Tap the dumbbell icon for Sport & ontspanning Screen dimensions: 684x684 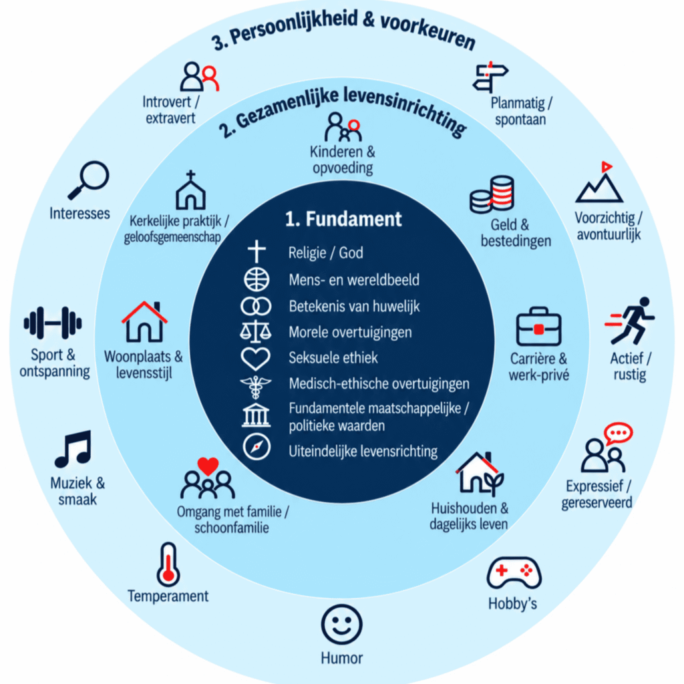53,323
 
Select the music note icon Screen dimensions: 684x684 73,449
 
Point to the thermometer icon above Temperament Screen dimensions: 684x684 168,564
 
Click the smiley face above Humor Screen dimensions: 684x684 341,625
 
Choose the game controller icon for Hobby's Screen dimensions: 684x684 514,572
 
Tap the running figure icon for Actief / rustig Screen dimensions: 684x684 630,321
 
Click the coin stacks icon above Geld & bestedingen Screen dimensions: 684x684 492,194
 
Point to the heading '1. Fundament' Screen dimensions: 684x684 343,219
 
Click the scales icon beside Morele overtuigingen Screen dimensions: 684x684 256,331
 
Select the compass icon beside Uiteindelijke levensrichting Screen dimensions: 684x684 256,447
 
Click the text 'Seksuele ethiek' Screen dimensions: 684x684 333,358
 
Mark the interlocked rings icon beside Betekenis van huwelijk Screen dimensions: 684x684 256,306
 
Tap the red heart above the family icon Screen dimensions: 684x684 208,466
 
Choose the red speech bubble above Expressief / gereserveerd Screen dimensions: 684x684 618,433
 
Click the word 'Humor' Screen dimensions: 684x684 341,658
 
